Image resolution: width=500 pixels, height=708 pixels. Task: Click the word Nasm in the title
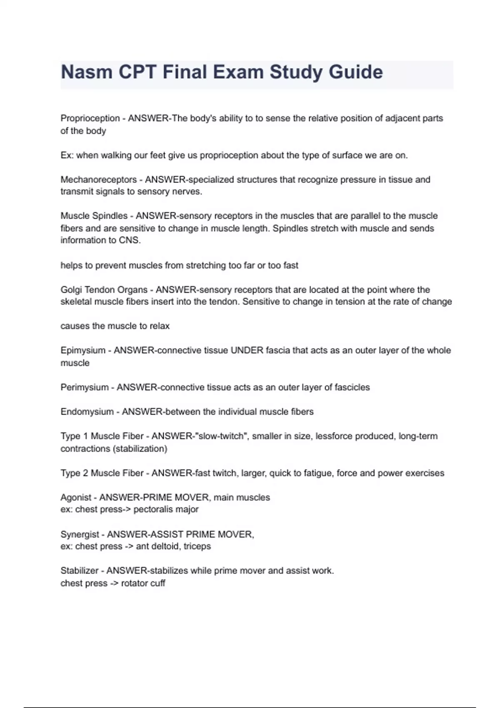point(86,72)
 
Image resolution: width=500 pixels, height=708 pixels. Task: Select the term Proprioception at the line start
point(90,118)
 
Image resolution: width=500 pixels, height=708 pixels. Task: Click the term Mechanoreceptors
point(98,179)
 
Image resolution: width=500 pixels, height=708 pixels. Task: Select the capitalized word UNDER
point(247,350)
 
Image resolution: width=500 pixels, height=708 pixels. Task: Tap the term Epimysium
point(83,350)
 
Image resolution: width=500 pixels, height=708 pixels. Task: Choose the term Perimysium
point(85,387)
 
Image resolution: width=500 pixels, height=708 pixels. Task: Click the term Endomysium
point(87,412)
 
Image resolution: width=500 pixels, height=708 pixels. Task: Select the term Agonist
point(76,497)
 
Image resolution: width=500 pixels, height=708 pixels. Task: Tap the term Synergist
point(80,534)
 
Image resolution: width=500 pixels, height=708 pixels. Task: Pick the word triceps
point(197,546)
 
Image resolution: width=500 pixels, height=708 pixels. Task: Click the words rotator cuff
point(143,583)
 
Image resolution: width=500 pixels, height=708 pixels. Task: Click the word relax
point(160,326)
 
